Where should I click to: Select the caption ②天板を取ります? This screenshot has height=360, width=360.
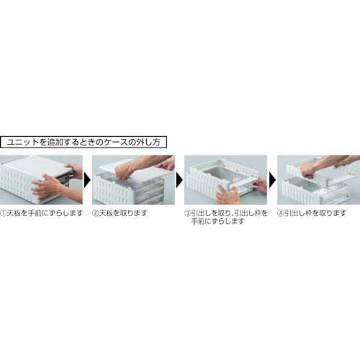tap(123, 214)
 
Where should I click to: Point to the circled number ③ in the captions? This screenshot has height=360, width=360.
tap(187, 214)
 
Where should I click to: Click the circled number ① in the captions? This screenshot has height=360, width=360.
tap(4, 214)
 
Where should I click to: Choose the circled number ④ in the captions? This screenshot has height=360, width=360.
tap(282, 214)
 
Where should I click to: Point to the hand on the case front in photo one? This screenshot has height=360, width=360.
tap(49, 186)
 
